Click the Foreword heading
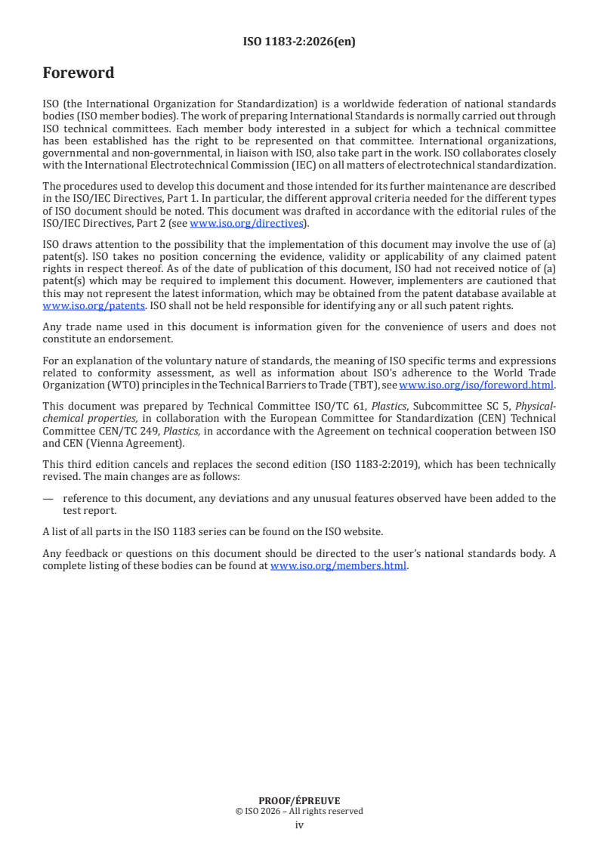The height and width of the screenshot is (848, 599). [x=79, y=73]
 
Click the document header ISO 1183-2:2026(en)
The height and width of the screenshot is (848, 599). [x=299, y=42]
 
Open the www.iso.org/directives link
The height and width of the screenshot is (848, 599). [x=246, y=223]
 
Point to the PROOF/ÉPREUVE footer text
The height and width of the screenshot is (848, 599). [x=299, y=800]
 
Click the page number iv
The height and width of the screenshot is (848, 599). [x=299, y=825]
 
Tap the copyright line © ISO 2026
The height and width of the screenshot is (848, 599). [x=299, y=811]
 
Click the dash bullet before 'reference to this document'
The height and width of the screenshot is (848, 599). [x=48, y=498]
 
